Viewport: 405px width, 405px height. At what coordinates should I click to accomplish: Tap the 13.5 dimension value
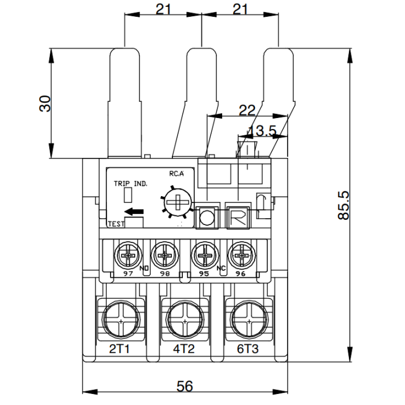pyautogui.click(x=262, y=131)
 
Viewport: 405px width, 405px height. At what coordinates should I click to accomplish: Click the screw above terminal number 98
pyautogui.click(x=164, y=255)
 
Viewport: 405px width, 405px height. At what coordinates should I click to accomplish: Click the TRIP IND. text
pyautogui.click(x=130, y=183)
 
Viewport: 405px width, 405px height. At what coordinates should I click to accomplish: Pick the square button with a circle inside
pyautogui.click(x=207, y=218)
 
